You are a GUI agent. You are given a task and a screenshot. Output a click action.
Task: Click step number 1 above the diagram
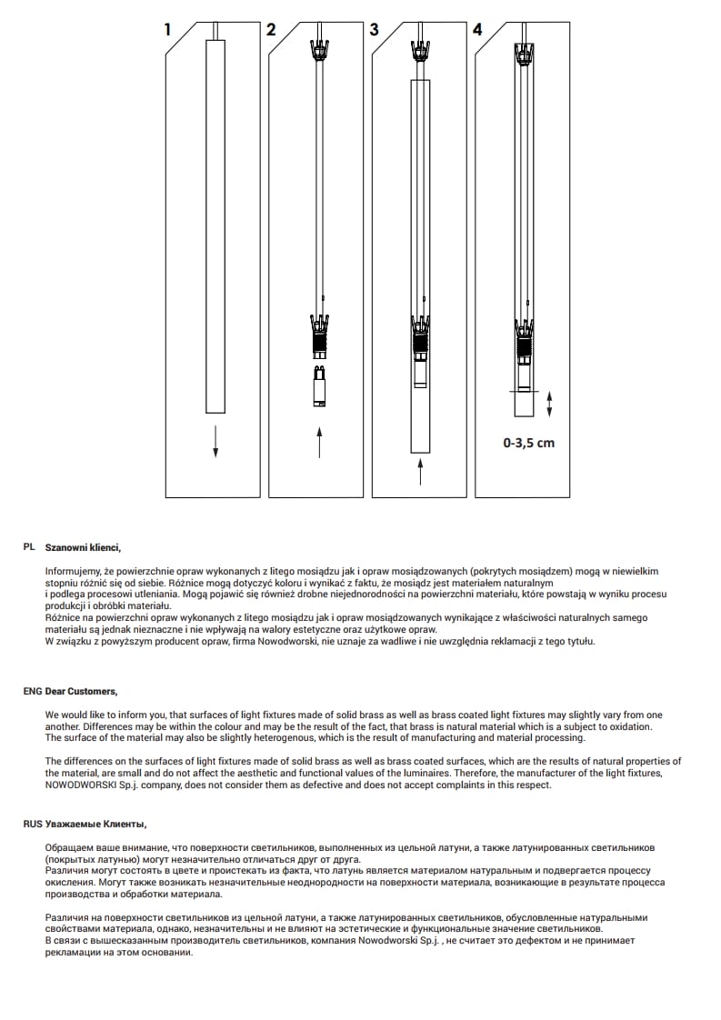point(167,29)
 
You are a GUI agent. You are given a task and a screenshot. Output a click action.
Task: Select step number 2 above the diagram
point(270,29)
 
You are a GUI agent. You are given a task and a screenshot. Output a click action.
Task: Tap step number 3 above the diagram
point(374,29)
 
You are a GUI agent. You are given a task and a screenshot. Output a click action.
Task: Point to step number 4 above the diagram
point(478,29)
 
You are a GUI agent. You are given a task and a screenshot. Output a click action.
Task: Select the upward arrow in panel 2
point(319,444)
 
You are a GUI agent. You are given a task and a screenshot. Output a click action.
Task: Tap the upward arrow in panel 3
point(420,472)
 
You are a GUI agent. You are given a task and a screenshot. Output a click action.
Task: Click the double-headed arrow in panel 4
point(549,404)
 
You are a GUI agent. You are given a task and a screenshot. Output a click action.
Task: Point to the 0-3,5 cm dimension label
point(528,443)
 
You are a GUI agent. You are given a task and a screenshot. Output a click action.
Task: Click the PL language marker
point(29,548)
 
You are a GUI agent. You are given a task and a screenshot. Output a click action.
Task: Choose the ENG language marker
point(33,691)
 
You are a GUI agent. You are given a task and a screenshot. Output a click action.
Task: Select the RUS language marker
point(33,824)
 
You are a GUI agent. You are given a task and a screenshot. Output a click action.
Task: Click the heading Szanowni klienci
point(83,548)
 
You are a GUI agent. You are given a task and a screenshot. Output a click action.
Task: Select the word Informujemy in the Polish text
point(73,570)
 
